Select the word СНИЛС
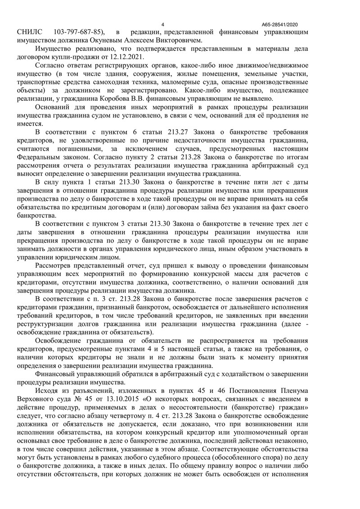click(30, 32)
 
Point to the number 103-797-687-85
click(80, 32)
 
